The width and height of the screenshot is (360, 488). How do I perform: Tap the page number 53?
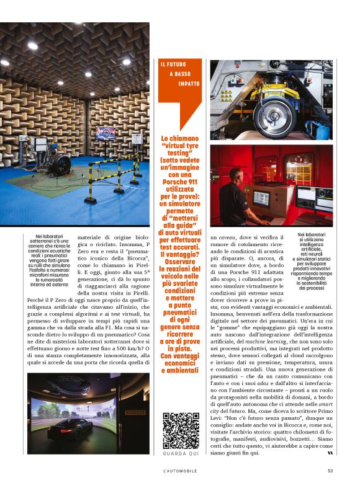pos(330,471)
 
